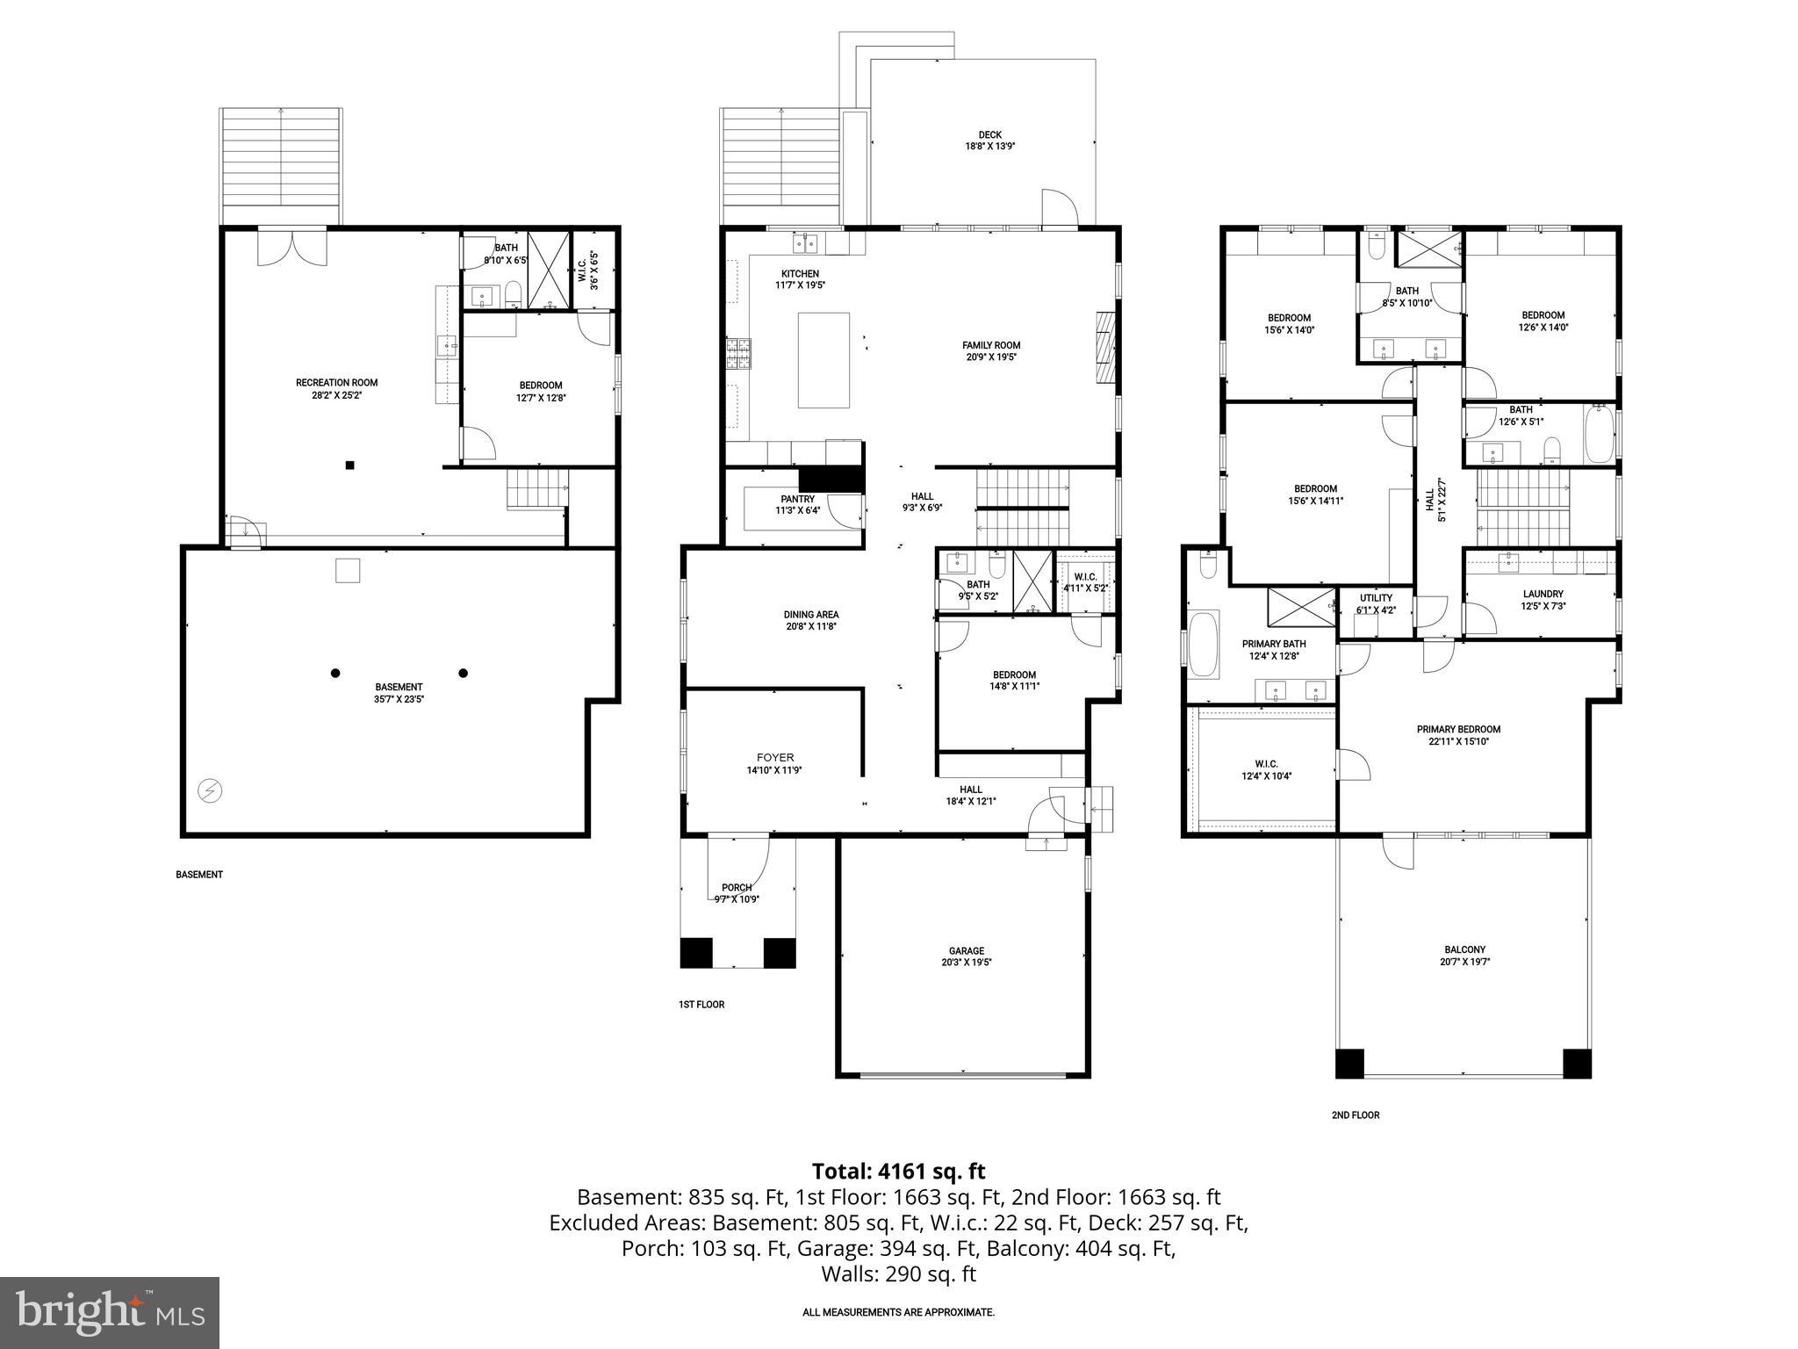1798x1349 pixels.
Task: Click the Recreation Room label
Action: point(336,383)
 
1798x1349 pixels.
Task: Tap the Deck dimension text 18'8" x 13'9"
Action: point(989,147)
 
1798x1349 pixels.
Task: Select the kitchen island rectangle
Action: point(823,360)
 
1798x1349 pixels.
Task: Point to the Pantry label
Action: point(797,499)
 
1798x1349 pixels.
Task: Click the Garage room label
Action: point(966,950)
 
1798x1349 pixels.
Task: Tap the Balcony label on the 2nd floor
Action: point(1464,949)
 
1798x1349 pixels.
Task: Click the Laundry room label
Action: point(1543,594)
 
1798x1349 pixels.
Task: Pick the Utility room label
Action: point(1376,598)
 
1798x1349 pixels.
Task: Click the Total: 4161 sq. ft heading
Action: point(898,1171)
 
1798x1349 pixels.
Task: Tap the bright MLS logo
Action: point(109,1313)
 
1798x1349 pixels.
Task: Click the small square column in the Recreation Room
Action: point(349,465)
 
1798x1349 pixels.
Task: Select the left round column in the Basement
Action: point(334,674)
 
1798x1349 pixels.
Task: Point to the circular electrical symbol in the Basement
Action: point(210,791)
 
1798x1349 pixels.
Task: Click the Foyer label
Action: point(774,757)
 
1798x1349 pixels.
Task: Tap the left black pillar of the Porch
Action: point(696,953)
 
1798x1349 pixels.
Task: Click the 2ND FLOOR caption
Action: point(1355,1115)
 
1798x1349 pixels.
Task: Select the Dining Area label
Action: point(810,615)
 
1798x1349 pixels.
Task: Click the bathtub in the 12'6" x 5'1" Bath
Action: point(1599,434)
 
